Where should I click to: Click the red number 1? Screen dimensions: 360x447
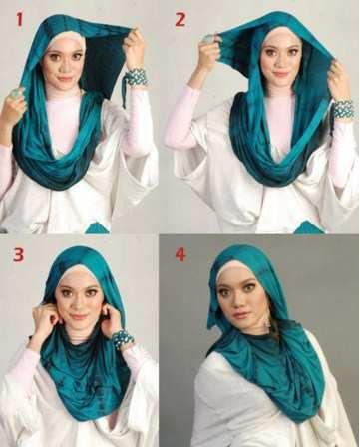pos(19,19)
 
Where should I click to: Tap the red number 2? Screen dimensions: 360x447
pos(180,20)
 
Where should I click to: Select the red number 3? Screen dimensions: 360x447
pos(19,255)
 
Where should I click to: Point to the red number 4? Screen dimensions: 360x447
pos(180,254)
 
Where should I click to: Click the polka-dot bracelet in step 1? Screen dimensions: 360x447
pos(136,77)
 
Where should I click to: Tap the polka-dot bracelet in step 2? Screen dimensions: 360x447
pos(342,109)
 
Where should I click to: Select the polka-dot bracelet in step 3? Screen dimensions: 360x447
pos(123,339)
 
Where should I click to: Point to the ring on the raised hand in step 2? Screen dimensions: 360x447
pos(207,39)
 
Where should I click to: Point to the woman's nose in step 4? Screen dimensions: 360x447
pos(236,302)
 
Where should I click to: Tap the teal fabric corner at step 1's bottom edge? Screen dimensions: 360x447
pos(97,228)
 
